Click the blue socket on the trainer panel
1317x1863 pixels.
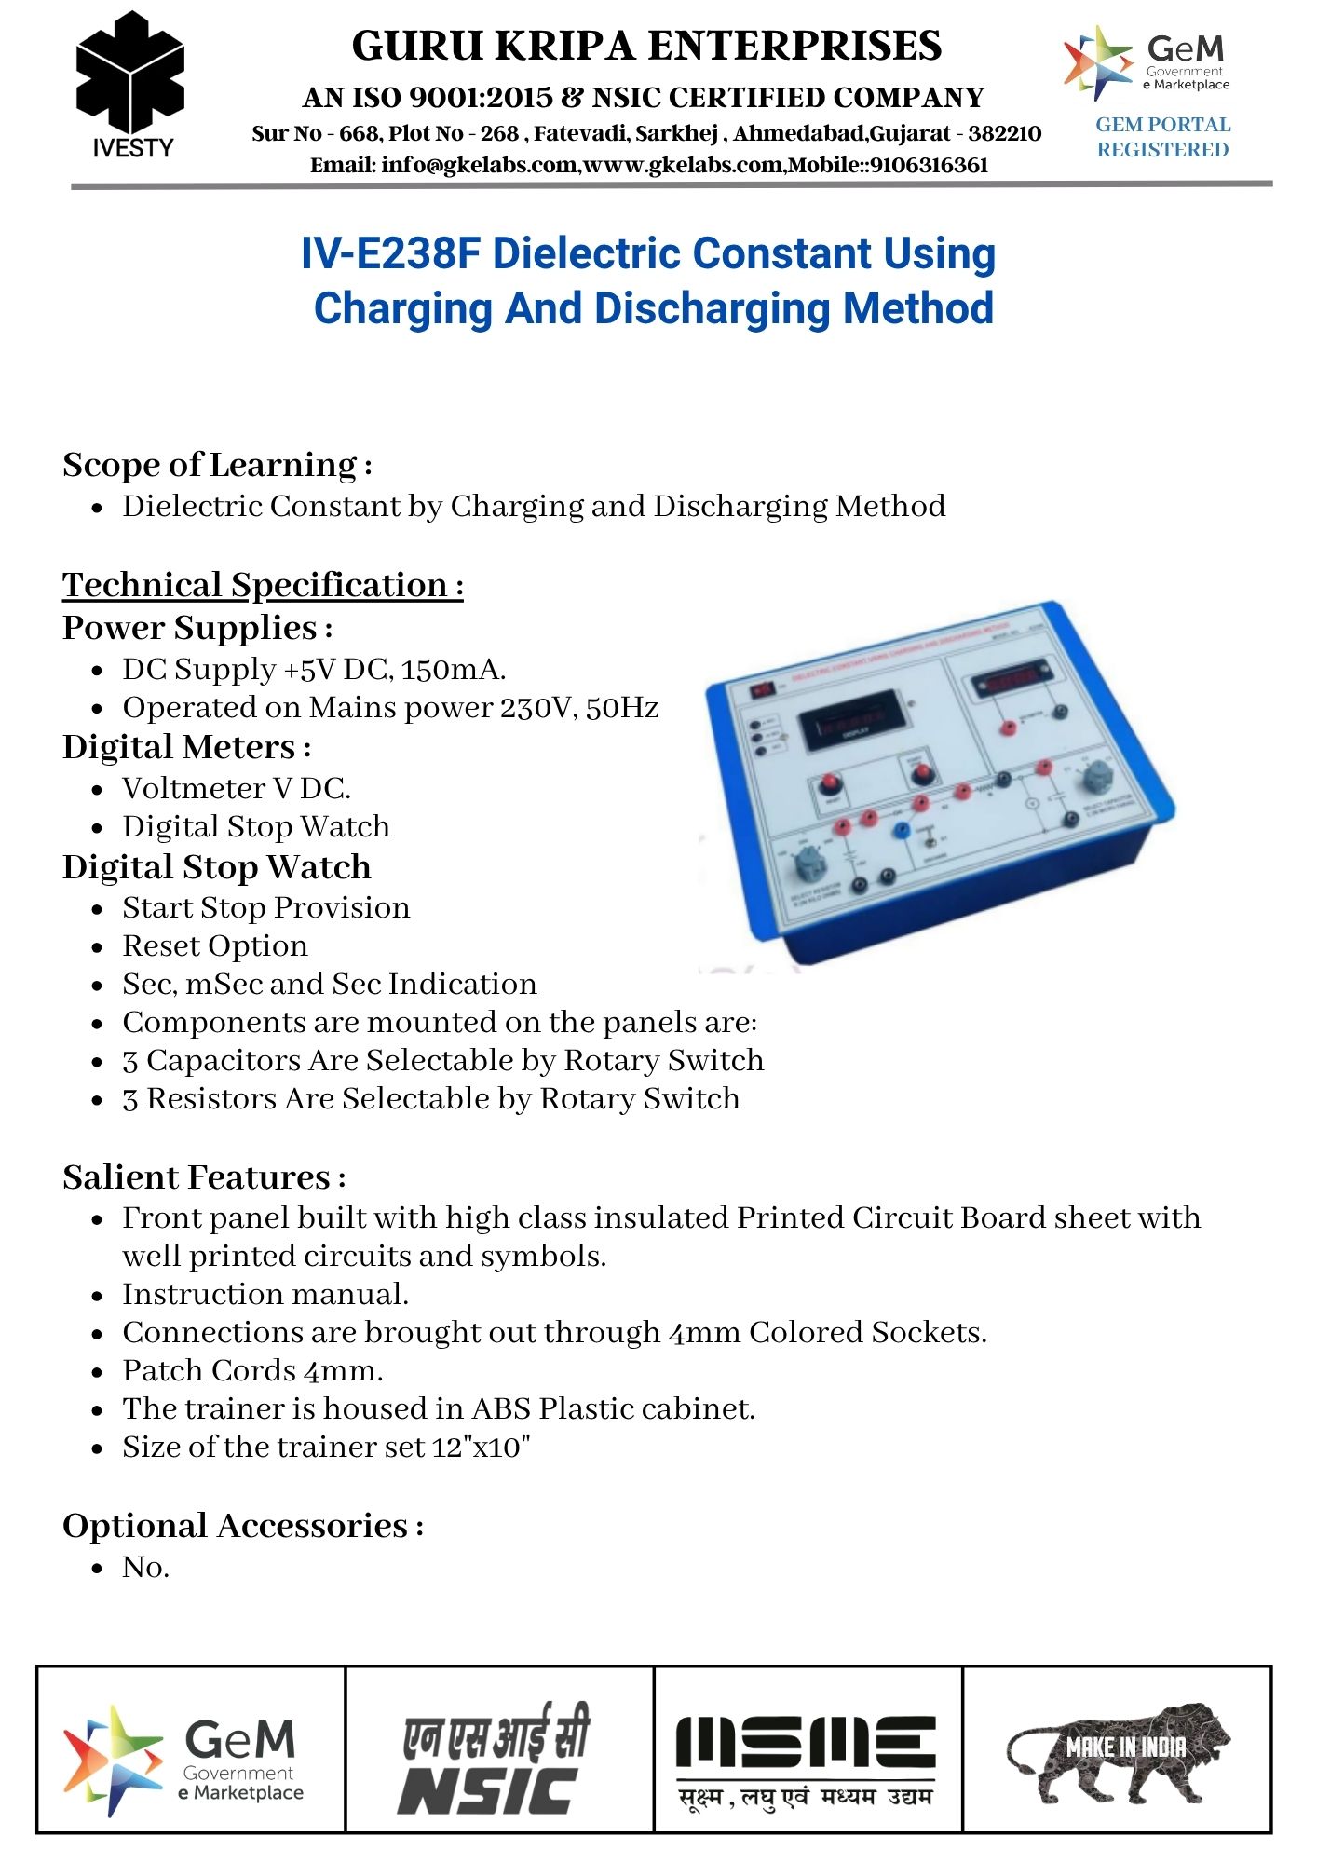click(902, 832)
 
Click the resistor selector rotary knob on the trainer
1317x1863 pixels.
click(807, 868)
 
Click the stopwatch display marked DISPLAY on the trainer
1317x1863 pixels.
click(853, 724)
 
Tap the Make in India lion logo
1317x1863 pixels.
click(1118, 1749)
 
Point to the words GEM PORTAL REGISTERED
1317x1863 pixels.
click(1162, 137)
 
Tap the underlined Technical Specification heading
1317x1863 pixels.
click(263, 585)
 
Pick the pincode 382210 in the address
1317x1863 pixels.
click(1004, 133)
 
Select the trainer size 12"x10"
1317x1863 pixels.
click(481, 1447)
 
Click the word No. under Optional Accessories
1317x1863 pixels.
click(145, 1567)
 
